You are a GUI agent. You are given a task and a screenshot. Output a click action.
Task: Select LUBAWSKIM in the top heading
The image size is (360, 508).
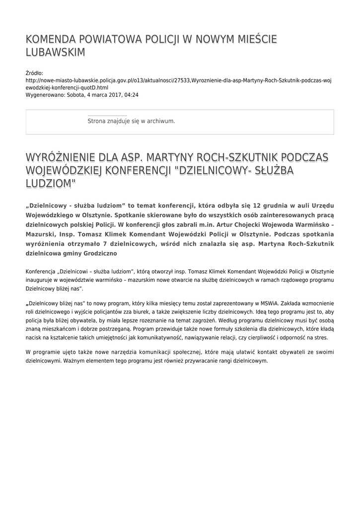click(x=56, y=53)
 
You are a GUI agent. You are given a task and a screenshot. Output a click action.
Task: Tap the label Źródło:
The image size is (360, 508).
click(x=34, y=73)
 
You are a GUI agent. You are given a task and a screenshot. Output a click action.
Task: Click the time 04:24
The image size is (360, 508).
click(x=132, y=94)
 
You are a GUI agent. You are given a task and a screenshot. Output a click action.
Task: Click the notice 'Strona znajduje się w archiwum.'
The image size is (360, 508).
click(x=131, y=121)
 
